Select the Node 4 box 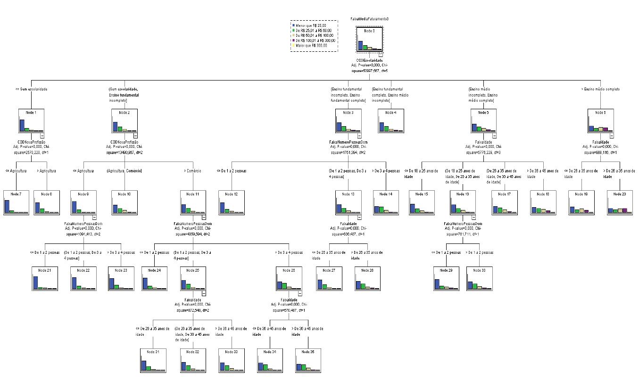[390, 121]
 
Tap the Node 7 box [16, 202]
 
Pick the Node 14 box [386, 202]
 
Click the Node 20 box [620, 202]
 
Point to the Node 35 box [307, 360]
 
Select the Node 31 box [153, 360]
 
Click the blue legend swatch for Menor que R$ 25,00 [293, 25]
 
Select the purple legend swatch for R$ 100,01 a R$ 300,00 [293, 40]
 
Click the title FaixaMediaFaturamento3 [369, 19]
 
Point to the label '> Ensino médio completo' [600, 89]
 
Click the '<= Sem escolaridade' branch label [31, 89]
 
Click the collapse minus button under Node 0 [380, 54]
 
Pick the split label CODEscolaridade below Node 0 [369, 60]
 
